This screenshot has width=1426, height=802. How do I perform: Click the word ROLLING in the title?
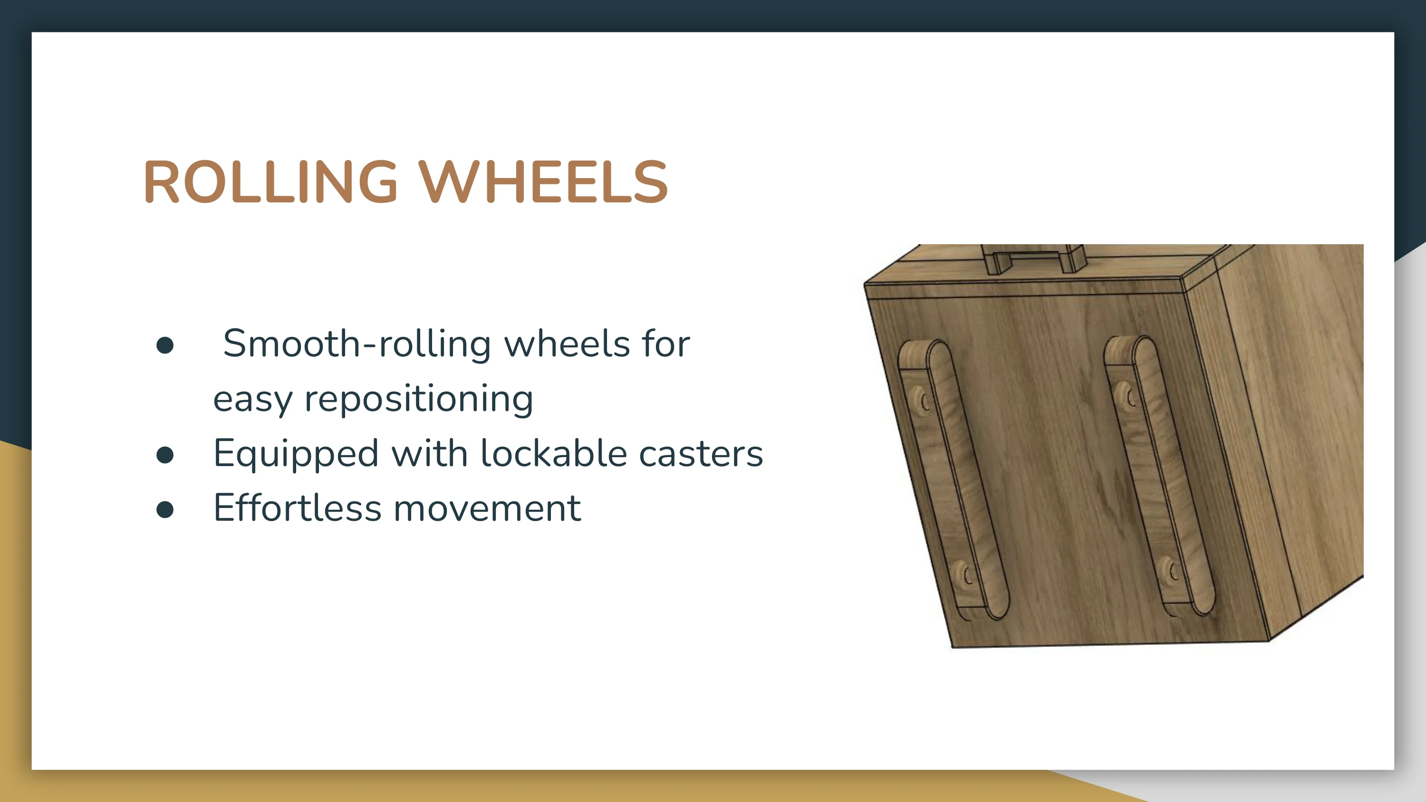(270, 181)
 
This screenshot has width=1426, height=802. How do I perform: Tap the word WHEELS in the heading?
(543, 181)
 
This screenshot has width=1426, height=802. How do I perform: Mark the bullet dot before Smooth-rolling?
(165, 345)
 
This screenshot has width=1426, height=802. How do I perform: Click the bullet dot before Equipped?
(165, 455)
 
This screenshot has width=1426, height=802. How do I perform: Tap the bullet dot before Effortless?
(165, 509)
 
